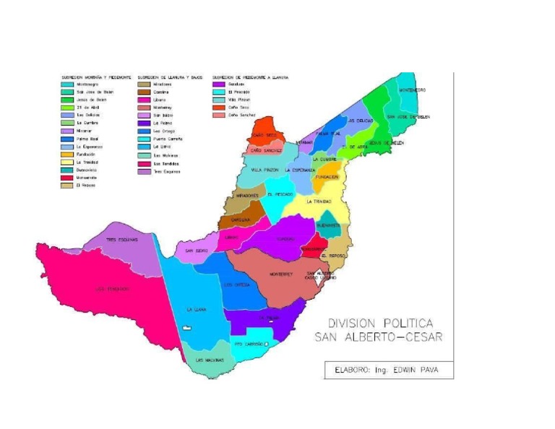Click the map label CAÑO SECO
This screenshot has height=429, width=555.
tap(263, 135)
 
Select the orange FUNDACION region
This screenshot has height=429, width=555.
tap(327, 176)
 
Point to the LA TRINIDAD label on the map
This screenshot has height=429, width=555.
tap(319, 201)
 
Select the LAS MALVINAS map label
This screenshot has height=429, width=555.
tap(210, 360)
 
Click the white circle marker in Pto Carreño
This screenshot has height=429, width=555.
tap(267, 344)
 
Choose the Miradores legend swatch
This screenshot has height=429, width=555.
tap(143, 84)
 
